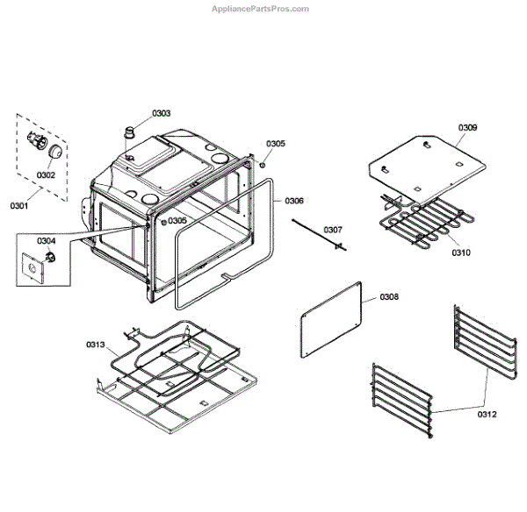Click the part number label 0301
pyautogui.click(x=18, y=206)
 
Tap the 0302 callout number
pyautogui.click(x=46, y=175)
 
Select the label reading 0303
pyautogui.click(x=161, y=114)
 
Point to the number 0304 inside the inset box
pyautogui.click(x=46, y=241)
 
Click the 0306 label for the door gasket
pyautogui.click(x=294, y=201)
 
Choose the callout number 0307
pyautogui.click(x=332, y=231)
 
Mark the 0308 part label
pyautogui.click(x=389, y=298)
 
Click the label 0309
pyautogui.click(x=468, y=128)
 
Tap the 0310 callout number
pyautogui.click(x=461, y=252)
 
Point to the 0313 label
pyautogui.click(x=96, y=345)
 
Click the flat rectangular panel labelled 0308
pyautogui.click(x=332, y=320)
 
